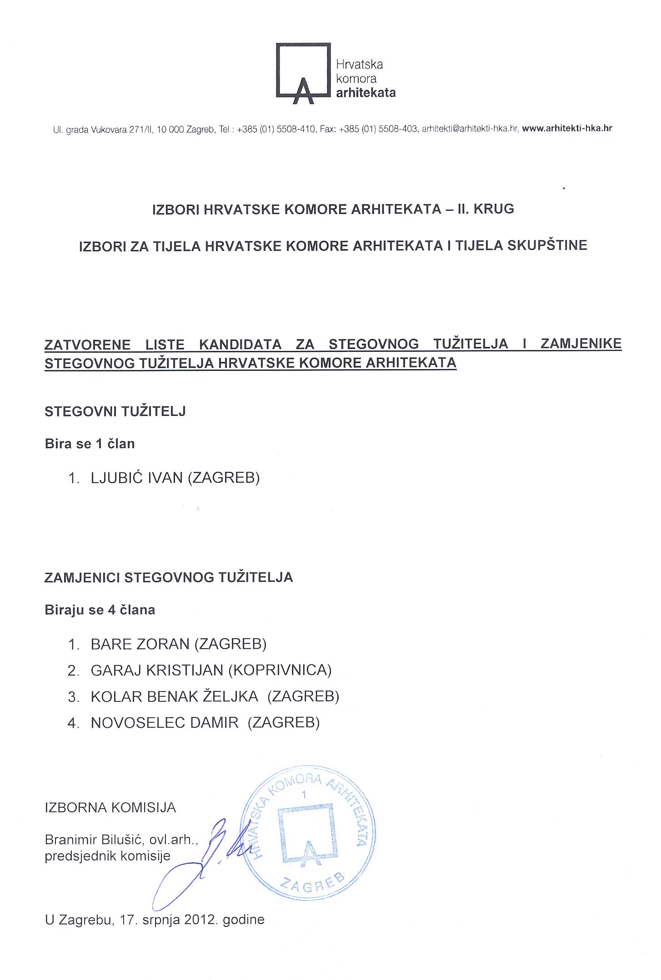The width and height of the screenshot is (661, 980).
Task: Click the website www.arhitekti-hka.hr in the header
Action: pos(567,129)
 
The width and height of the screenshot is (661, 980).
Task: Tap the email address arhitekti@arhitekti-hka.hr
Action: pos(470,129)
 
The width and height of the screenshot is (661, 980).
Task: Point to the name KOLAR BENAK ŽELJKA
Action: pos(175,696)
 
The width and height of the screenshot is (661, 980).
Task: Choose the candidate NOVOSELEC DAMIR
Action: pos(165,723)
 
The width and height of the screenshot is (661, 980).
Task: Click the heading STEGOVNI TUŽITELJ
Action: pos(115,412)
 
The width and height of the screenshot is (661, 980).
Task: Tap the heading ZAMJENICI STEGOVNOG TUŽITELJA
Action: pos(169,578)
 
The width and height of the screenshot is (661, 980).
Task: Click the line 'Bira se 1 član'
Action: pos(90,444)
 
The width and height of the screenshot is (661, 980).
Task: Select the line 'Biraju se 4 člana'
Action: pos(100,610)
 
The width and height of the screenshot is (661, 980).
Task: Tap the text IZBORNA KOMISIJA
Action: pos(110,808)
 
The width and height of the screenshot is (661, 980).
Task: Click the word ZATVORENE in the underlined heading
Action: pos(87,344)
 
